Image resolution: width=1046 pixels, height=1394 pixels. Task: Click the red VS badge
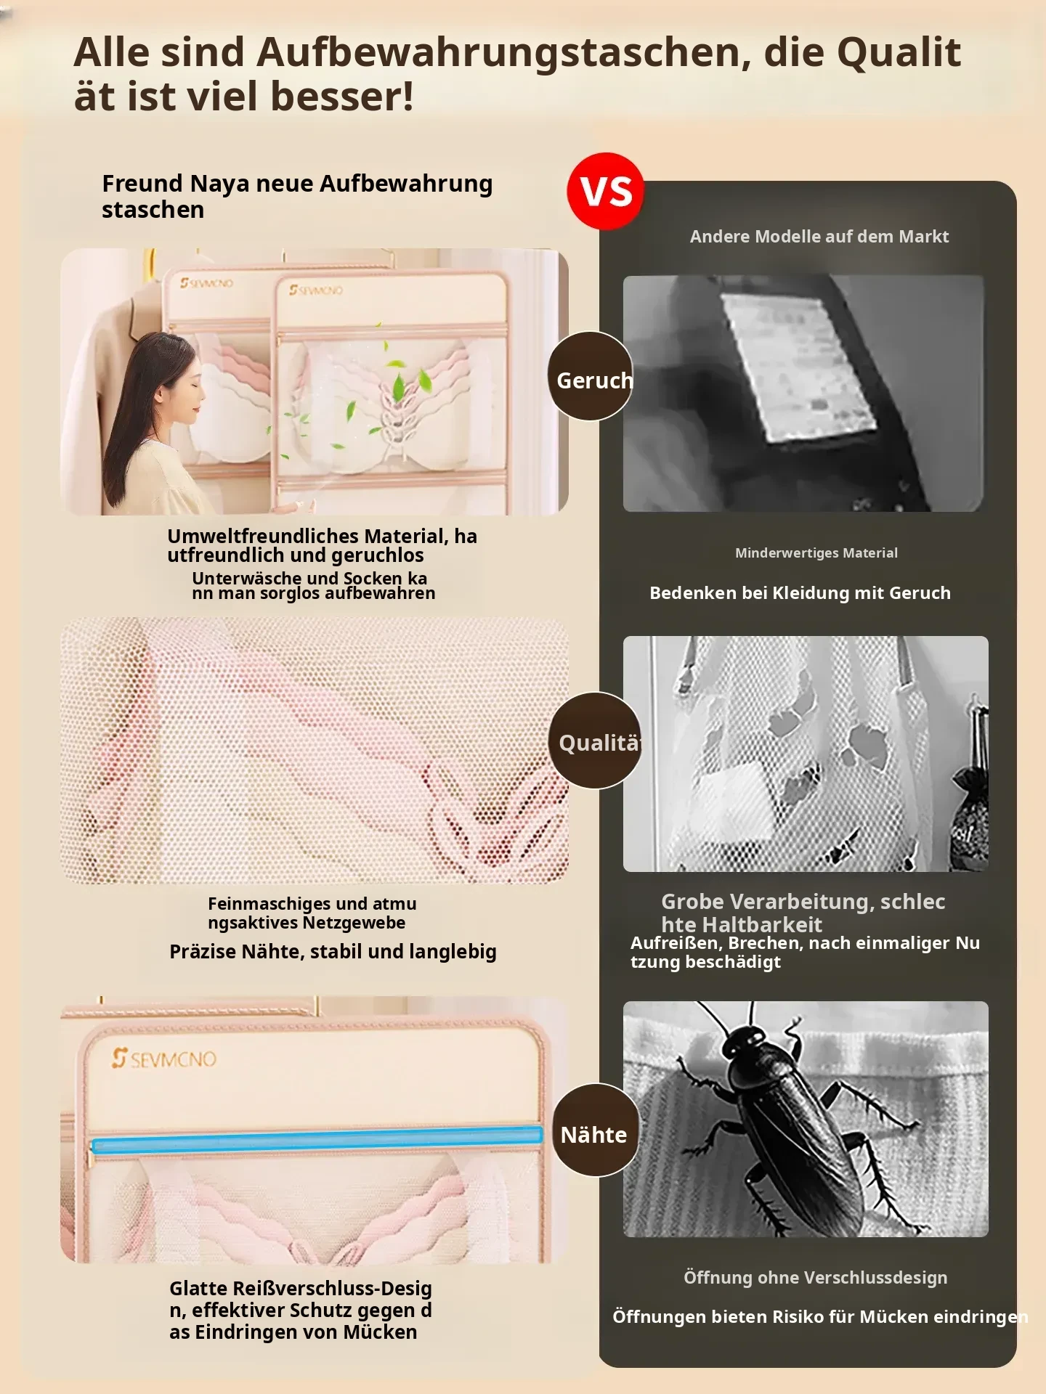[605, 191]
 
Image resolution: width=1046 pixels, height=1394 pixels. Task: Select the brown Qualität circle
[596, 741]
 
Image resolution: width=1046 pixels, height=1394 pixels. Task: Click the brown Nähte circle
[596, 1130]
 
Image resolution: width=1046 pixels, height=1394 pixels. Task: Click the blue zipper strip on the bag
[317, 1141]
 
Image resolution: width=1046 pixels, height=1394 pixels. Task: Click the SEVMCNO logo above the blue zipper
[164, 1059]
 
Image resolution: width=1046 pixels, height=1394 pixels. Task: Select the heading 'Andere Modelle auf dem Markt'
[819, 236]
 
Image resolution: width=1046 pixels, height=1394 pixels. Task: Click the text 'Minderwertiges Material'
[816, 553]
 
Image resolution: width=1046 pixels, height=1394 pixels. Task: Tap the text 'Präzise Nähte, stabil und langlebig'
[333, 951]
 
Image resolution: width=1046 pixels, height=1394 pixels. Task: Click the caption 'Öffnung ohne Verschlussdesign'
[815, 1278]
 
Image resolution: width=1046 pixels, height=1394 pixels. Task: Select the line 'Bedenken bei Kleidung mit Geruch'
[800, 592]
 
